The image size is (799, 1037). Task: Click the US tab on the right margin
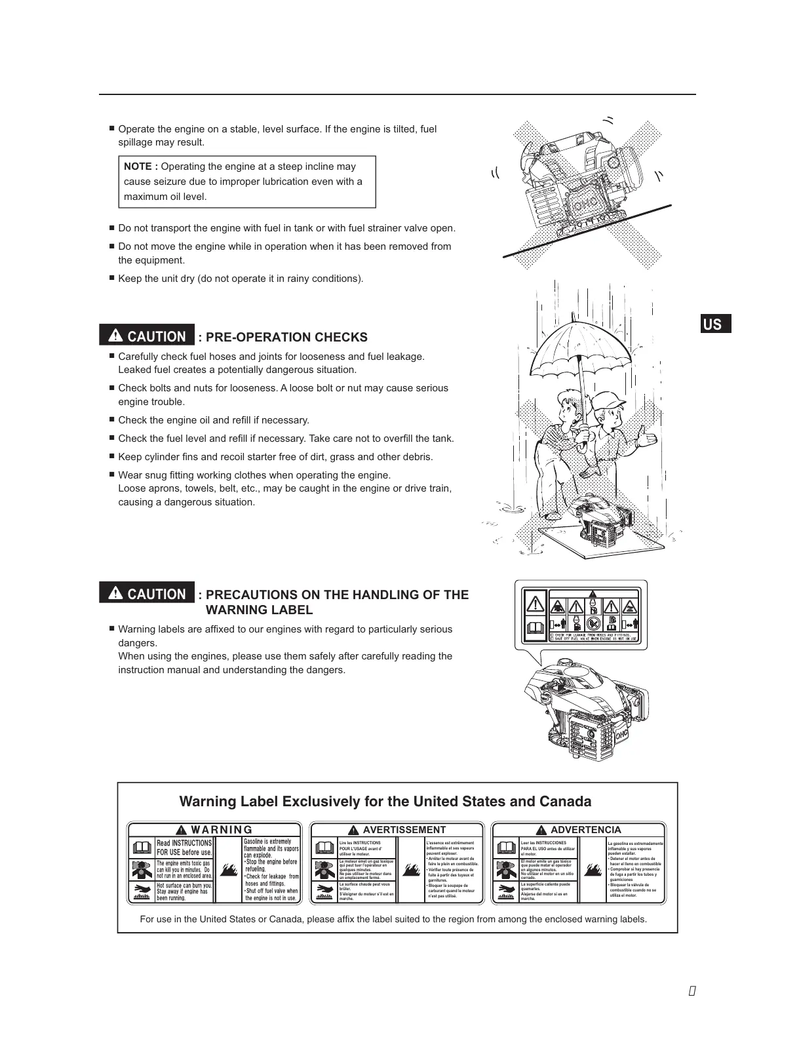pos(712,324)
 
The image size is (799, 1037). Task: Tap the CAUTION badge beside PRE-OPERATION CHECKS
pos(147,336)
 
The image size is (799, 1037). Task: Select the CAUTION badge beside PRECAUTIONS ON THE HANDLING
pos(147,594)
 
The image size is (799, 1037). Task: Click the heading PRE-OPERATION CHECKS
pos(286,337)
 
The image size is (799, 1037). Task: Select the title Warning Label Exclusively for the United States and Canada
pos(385,802)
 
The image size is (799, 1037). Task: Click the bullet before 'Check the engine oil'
pos(112,420)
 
